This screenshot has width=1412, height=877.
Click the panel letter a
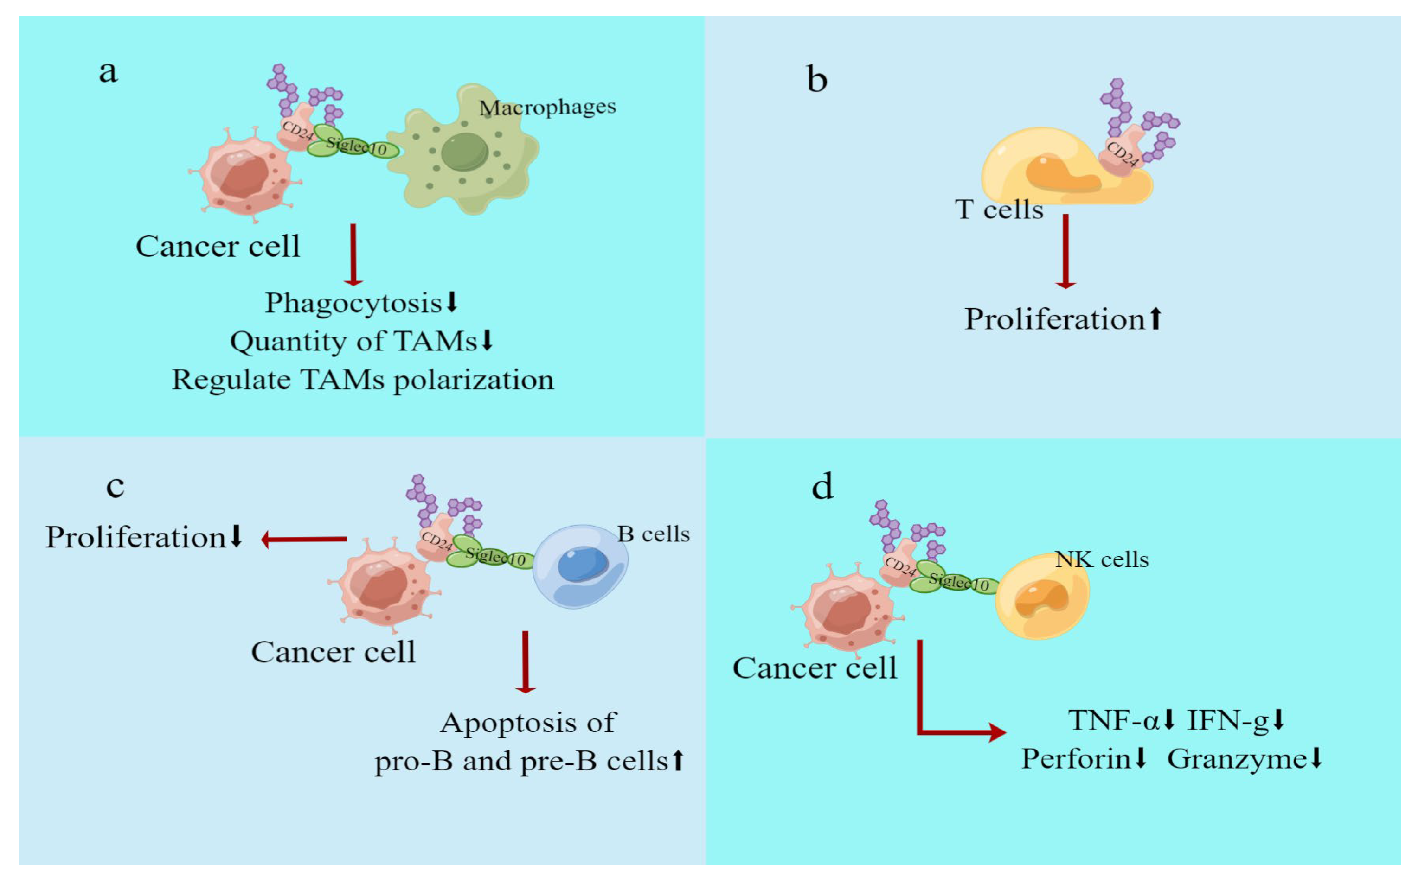click(x=108, y=72)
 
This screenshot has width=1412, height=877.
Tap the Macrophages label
click(x=547, y=107)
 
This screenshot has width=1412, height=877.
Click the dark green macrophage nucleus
click(x=464, y=152)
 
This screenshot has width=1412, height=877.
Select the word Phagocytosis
click(x=353, y=303)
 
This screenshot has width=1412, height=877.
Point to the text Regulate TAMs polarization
click(x=363, y=380)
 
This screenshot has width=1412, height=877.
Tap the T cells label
click(x=999, y=210)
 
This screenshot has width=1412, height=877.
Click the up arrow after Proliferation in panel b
click(x=1155, y=318)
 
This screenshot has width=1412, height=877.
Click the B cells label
click(x=653, y=534)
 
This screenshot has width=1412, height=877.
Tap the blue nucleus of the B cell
click(x=582, y=565)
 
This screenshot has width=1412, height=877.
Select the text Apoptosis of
click(x=527, y=723)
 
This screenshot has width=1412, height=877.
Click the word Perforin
click(x=1075, y=759)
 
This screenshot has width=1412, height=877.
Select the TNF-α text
click(x=1113, y=720)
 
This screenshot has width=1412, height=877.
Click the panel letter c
click(x=115, y=486)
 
